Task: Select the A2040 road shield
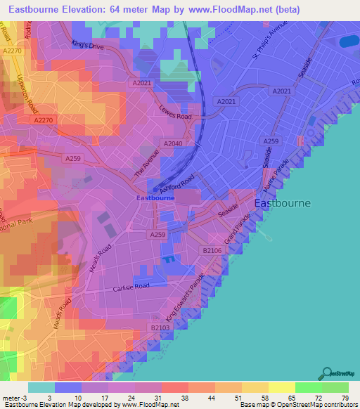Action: (173, 143)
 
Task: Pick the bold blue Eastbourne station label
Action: (155, 198)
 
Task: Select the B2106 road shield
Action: (212, 250)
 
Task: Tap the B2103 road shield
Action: (161, 327)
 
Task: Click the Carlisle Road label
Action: (131, 287)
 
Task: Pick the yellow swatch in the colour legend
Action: (282, 387)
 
